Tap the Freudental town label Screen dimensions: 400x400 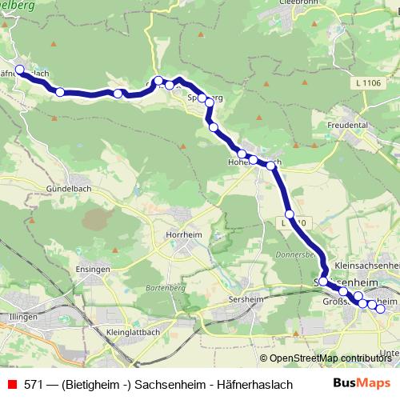coord(349,126)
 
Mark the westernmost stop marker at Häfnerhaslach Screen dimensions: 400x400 coord(20,70)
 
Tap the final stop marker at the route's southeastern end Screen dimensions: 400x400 coord(380,309)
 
